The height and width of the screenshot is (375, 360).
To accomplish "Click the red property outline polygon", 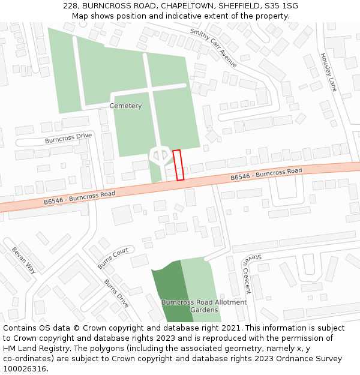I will coord(178,165).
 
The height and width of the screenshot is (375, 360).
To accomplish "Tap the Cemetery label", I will coord(125,106).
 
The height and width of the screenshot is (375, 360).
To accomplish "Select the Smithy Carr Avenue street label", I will coord(213,47).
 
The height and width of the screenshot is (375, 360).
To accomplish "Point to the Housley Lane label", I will coord(328,72).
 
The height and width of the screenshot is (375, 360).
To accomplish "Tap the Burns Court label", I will coord(113,259).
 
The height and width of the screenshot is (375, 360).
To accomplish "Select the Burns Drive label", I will coord(116,293).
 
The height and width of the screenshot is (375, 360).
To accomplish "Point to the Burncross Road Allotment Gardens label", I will coord(203,306).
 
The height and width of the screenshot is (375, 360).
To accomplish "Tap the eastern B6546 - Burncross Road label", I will coord(266,175).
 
